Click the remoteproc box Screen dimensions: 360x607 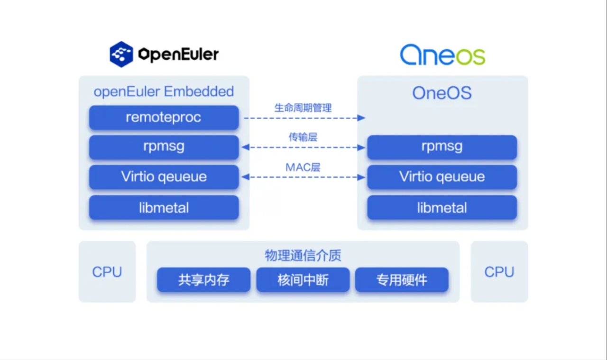(164, 118)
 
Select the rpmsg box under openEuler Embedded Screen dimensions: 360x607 (164, 147)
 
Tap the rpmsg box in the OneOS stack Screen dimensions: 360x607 (442, 147)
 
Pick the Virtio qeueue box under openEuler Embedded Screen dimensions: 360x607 (164, 177)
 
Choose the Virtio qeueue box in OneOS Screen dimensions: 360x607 (442, 177)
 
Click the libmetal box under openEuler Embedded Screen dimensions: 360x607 (164, 207)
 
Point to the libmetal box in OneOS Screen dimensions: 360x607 (442, 207)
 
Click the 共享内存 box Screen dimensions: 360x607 (203, 280)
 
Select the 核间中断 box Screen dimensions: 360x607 (303, 280)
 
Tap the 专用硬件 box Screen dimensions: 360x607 (402, 280)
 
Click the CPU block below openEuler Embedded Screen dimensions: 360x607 (107, 272)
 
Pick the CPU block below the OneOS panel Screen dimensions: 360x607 (499, 272)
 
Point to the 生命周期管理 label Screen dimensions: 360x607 (303, 108)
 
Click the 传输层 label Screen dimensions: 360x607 (303, 138)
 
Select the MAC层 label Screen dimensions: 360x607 (303, 167)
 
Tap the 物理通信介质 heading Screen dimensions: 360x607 (303, 256)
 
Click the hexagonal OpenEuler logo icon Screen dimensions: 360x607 (121, 54)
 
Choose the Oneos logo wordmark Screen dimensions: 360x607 (442, 55)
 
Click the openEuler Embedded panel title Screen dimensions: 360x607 (164, 91)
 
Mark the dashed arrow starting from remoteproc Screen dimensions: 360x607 (303, 118)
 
